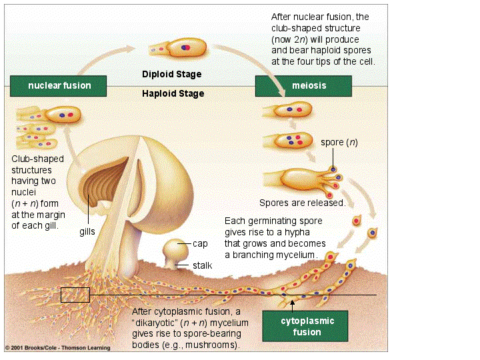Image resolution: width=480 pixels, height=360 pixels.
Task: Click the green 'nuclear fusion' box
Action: (x=59, y=86)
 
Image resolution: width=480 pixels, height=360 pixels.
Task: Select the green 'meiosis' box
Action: (x=303, y=86)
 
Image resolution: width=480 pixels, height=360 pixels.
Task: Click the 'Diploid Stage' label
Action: (x=171, y=74)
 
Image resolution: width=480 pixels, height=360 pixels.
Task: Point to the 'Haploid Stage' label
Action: (x=173, y=94)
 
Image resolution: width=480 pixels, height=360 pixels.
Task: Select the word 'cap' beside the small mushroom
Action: (x=199, y=244)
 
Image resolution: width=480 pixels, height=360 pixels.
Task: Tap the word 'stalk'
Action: (x=203, y=265)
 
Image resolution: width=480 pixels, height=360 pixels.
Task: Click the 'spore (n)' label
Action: (x=339, y=143)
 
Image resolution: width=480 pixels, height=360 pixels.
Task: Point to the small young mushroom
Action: (x=174, y=252)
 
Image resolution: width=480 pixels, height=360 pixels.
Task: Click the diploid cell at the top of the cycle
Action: (x=178, y=49)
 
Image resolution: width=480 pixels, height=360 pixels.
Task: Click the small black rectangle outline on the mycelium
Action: (x=75, y=295)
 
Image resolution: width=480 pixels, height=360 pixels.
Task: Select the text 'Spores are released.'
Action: (x=302, y=203)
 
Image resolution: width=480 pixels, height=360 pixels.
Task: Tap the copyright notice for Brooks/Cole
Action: (x=57, y=347)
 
